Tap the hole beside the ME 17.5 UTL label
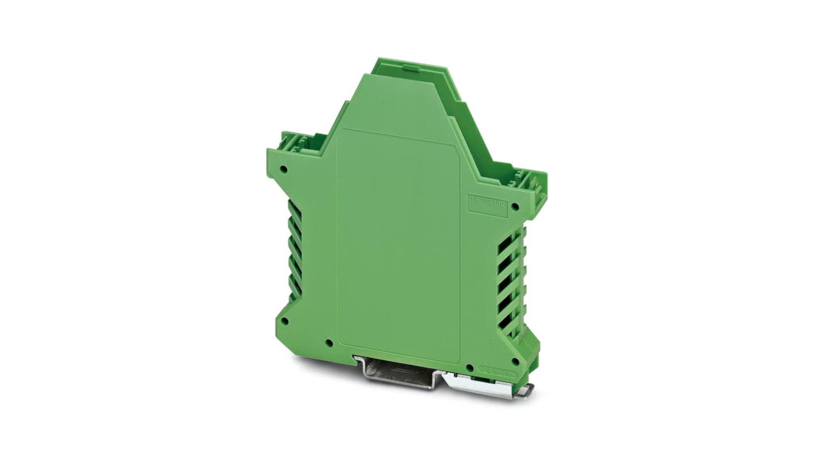coord(514,207)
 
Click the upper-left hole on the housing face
coord(283,170)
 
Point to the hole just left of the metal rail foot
coord(328,344)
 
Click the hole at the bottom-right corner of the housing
coord(514,361)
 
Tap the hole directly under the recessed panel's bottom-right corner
coord(469,367)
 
